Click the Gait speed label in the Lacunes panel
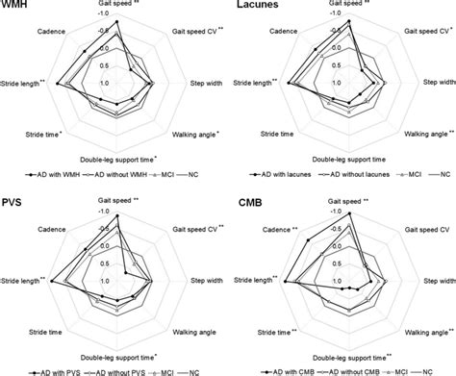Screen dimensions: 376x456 pos(354,5)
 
